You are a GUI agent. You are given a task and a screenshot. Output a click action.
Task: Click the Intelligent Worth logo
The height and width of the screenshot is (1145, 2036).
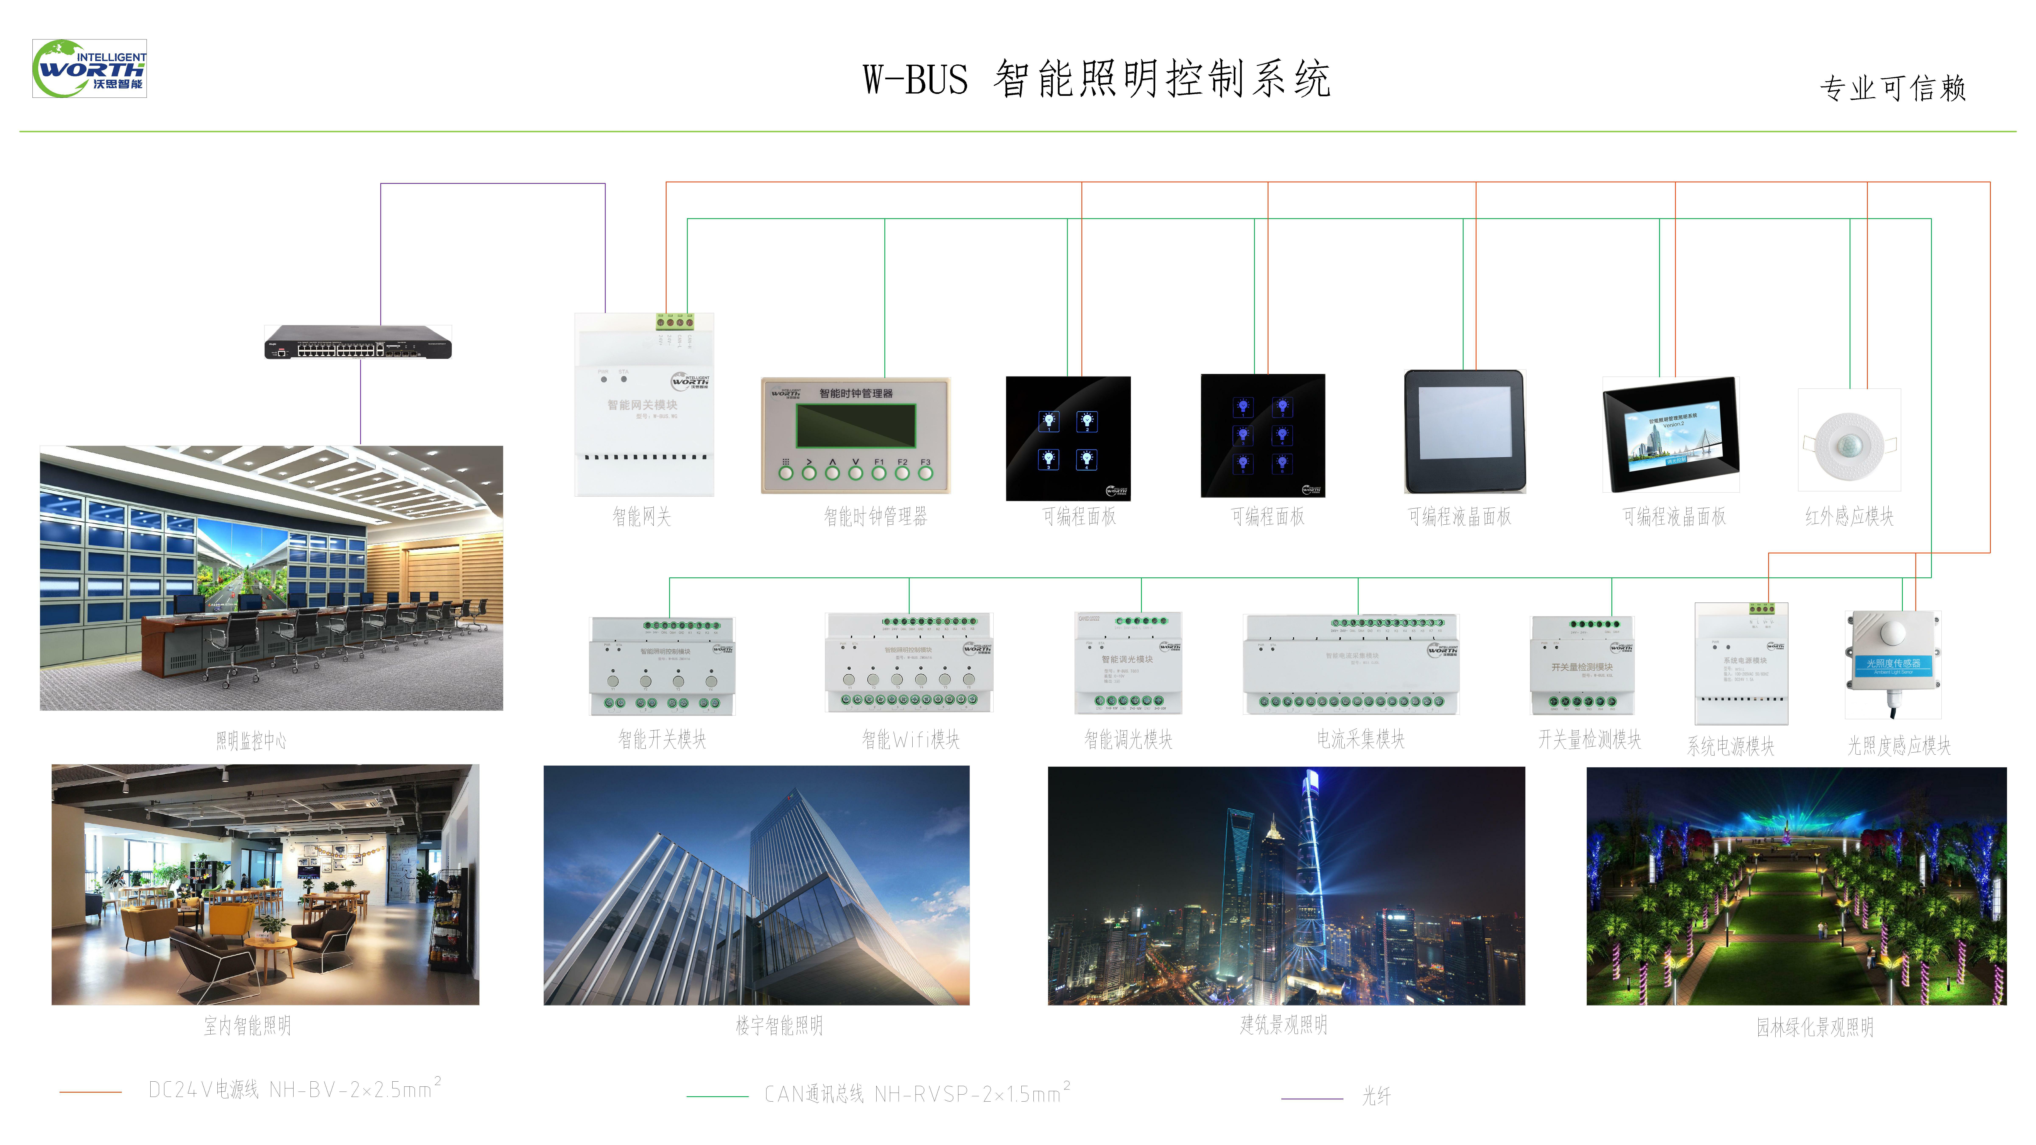[x=89, y=69]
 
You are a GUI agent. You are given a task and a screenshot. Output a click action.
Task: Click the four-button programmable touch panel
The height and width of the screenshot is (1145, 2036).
[x=1068, y=438]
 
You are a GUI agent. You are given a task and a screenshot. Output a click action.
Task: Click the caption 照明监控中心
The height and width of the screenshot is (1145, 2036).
[x=251, y=741]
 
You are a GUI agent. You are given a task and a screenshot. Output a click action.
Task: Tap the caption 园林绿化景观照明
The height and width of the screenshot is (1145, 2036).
[x=1815, y=1027]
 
